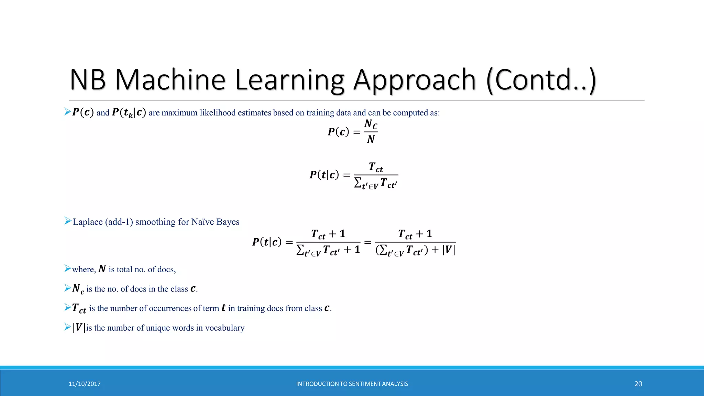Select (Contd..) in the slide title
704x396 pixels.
pos(541,80)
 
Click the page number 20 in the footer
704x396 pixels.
pos(638,384)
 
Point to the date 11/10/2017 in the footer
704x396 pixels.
pos(85,384)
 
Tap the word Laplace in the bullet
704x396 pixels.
pos(88,222)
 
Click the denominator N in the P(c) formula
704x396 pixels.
pos(371,139)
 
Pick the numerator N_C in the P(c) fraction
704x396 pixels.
pos(371,124)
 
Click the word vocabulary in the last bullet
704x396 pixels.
pos(225,328)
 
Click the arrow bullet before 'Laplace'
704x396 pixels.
pos(68,221)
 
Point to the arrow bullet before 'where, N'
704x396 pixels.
pos(68,268)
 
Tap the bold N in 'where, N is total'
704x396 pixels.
pos(102,269)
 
